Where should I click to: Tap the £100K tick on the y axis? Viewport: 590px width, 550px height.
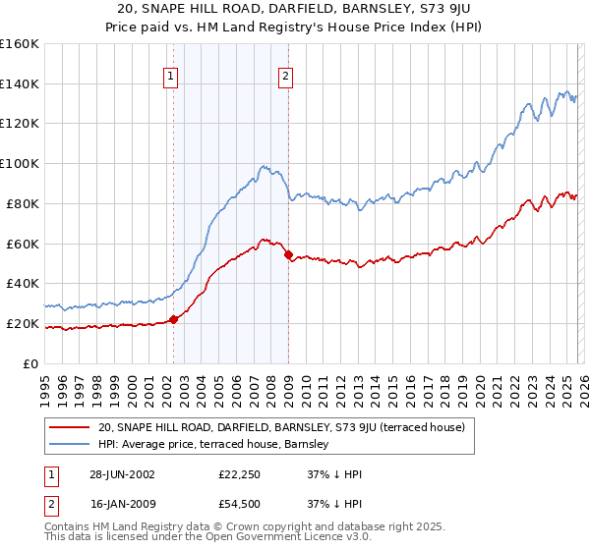tap(20, 164)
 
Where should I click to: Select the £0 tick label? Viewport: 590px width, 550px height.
tap(31, 363)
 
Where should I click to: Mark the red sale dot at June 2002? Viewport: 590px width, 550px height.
tap(174, 318)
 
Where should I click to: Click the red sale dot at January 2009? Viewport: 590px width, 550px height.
tap(288, 254)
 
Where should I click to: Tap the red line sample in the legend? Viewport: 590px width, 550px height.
tap(71, 428)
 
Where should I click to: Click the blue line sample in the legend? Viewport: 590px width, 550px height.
tap(71, 445)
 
